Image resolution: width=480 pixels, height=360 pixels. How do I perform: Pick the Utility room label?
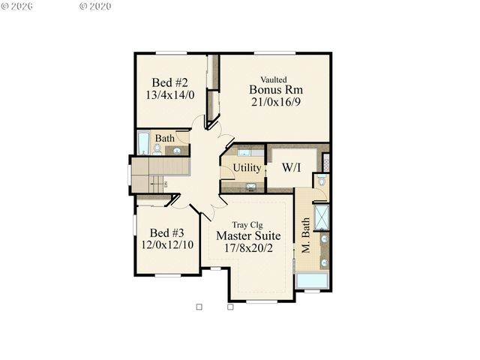coord(246,168)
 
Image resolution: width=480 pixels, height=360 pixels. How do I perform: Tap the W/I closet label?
coord(292,167)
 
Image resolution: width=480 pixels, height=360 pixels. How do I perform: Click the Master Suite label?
coord(249,235)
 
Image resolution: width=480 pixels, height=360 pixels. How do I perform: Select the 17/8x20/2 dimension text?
coord(249,248)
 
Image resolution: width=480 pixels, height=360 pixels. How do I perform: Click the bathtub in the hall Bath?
coord(144,142)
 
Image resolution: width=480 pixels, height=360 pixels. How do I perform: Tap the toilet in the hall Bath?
coord(157,149)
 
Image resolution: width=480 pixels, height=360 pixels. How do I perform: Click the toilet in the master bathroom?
coord(321,181)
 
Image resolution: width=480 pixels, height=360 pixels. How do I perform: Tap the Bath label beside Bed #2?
coord(165,139)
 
